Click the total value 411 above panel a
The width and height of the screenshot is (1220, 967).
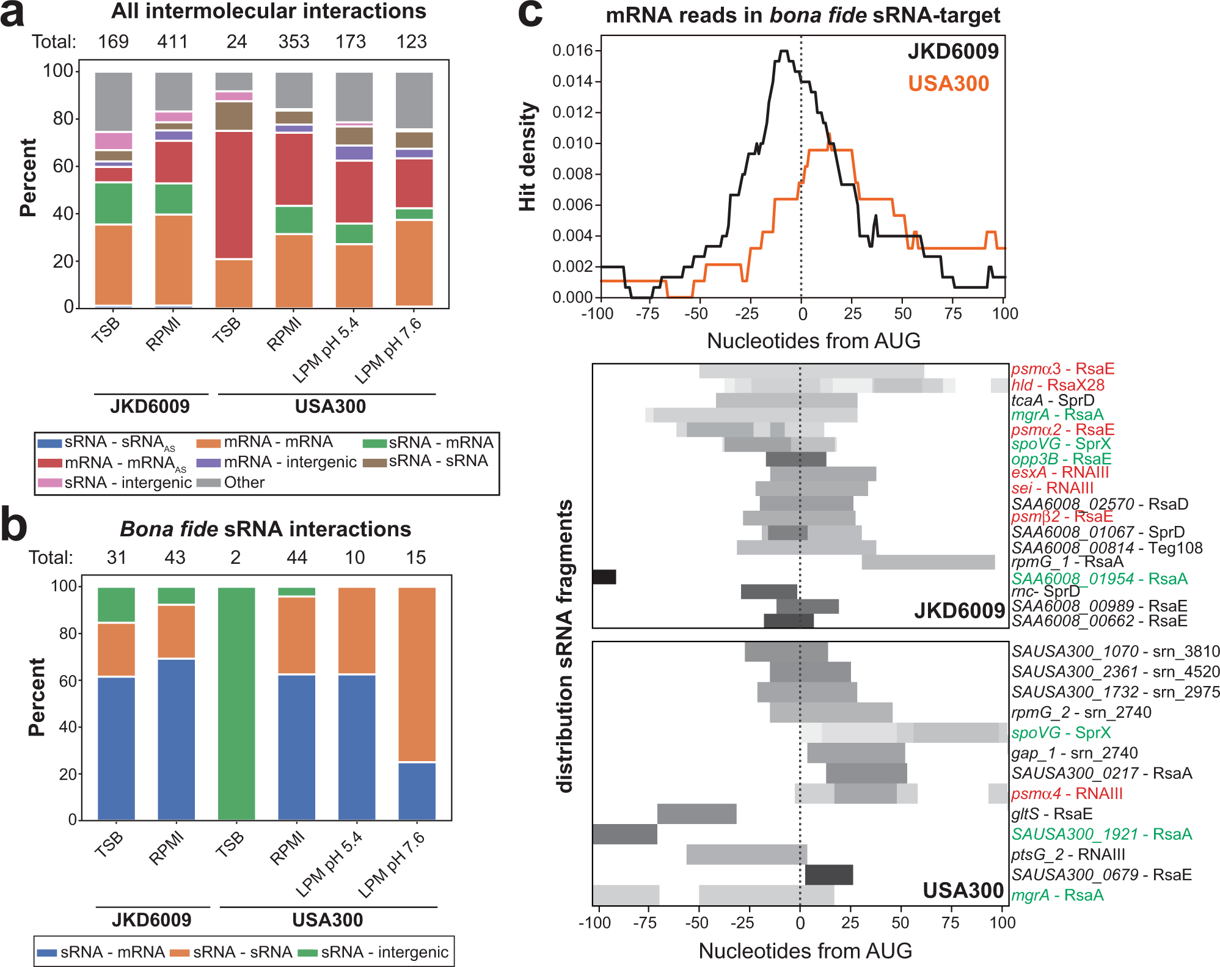click(x=172, y=42)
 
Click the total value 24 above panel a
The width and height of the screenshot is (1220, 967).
click(x=236, y=42)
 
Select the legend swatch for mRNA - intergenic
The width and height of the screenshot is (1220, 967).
click(x=208, y=463)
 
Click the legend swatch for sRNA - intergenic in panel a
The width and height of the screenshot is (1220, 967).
click(x=49, y=483)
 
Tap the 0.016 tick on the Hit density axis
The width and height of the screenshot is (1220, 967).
click(x=572, y=50)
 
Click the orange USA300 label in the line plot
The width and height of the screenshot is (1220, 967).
click(x=948, y=84)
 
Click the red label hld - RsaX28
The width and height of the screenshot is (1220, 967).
click(x=1057, y=385)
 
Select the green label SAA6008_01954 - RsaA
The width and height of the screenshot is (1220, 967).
click(x=1099, y=578)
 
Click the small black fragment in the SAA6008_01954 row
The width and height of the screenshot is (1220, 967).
click(x=604, y=577)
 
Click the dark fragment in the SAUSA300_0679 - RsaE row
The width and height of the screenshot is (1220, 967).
click(x=828, y=875)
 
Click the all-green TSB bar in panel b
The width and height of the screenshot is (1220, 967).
click(x=236, y=702)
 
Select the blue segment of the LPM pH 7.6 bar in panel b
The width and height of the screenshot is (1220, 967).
click(x=417, y=791)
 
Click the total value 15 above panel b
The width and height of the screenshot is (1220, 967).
click(x=415, y=557)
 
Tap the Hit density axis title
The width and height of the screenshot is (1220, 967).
click(x=528, y=157)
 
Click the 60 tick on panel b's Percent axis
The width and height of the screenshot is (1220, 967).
click(x=67, y=681)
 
